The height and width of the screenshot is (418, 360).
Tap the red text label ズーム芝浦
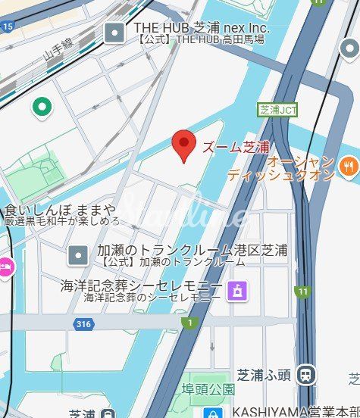234,147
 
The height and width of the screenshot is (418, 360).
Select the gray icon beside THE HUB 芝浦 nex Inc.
114,31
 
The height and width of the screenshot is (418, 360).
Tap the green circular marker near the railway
41,107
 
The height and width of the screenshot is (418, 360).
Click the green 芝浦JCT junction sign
277,110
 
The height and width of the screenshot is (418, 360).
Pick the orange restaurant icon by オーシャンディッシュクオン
348,165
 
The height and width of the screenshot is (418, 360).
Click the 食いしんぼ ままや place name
60,209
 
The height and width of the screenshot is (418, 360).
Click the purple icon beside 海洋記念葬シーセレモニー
237,289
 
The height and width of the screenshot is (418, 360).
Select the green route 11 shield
303,292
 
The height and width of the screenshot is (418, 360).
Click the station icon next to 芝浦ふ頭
306,373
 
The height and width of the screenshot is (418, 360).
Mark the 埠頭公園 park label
208,389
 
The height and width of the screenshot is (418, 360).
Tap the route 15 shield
8,27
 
